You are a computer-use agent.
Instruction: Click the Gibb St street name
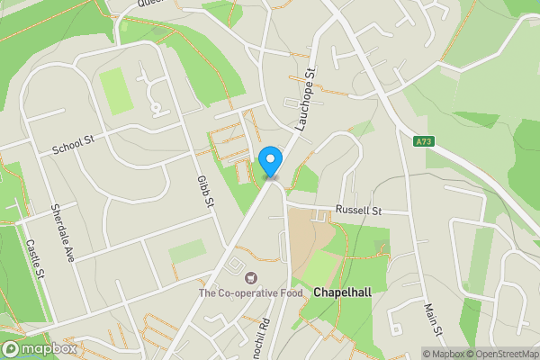click(x=204, y=191)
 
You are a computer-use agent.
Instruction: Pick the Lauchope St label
click(x=303, y=99)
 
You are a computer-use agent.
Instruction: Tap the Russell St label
click(x=358, y=210)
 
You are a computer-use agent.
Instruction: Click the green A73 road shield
click(x=425, y=141)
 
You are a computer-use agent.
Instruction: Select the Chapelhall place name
click(x=343, y=292)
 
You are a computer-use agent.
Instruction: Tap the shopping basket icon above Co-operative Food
click(x=250, y=277)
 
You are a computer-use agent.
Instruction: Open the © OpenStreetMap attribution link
click(x=507, y=354)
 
